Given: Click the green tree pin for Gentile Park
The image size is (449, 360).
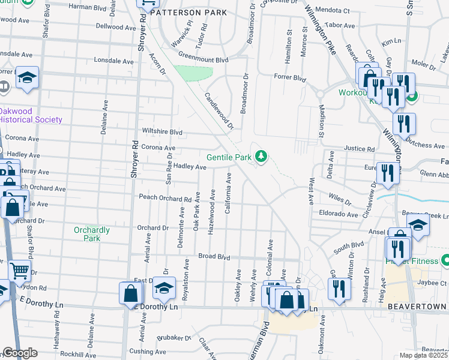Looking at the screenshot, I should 261,157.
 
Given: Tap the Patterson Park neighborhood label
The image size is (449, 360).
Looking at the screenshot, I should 188,12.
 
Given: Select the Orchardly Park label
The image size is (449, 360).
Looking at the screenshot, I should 91,234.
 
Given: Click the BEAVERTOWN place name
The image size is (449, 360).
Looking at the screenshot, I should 417,306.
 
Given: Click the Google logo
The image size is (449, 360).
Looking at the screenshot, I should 20,353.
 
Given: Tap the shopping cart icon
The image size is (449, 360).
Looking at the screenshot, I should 20,271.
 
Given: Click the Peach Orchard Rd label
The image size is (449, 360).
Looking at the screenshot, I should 165,197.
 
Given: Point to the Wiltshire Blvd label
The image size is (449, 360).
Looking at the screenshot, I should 161,131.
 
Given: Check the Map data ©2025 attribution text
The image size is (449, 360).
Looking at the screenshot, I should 424,355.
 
